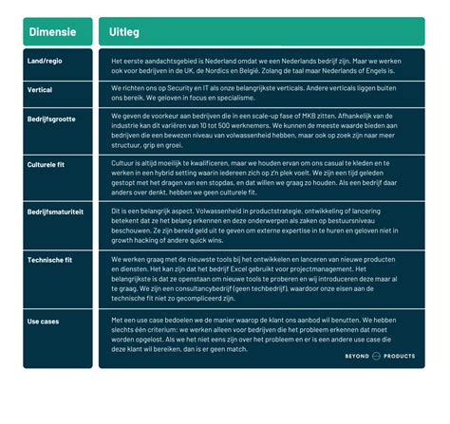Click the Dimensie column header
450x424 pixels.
(x=53, y=31)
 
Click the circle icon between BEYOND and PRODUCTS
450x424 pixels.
(x=381, y=357)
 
